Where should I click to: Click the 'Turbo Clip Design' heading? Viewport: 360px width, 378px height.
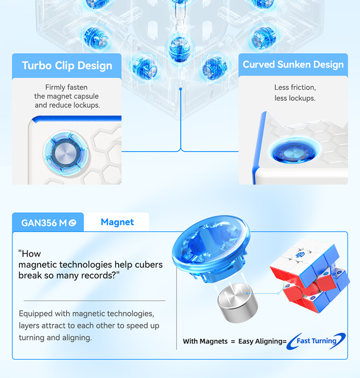click(x=67, y=66)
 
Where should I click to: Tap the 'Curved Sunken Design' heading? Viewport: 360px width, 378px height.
click(x=293, y=65)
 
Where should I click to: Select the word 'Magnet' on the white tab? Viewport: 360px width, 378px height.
click(x=117, y=222)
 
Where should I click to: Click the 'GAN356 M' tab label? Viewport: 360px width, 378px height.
click(x=44, y=223)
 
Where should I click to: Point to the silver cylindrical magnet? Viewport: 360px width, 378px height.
click(x=238, y=303)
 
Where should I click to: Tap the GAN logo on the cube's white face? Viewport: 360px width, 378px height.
click(x=301, y=255)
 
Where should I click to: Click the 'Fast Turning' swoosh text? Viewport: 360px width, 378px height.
click(x=316, y=341)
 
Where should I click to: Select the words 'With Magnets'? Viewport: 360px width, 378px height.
click(x=205, y=341)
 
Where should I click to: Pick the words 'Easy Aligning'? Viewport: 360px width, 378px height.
click(x=260, y=341)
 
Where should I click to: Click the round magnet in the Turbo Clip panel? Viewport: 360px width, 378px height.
click(x=66, y=153)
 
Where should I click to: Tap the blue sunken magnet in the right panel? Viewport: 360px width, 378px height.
click(x=294, y=152)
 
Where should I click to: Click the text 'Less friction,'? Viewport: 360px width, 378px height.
click(x=295, y=87)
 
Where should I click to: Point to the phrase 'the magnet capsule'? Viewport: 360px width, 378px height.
click(x=66, y=96)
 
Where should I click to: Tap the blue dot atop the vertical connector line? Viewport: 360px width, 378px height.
click(x=180, y=89)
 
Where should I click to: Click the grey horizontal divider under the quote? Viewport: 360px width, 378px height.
click(x=95, y=301)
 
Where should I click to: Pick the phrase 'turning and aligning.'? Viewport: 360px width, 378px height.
click(x=55, y=338)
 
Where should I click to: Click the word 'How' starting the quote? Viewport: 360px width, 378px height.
click(x=29, y=254)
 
